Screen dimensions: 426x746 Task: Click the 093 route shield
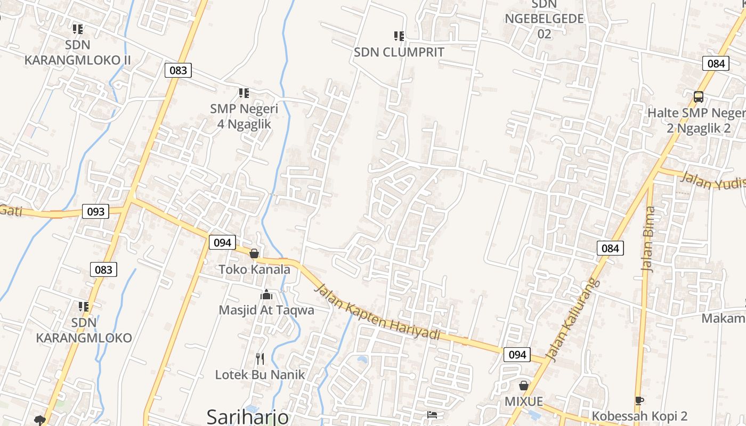coord(96,211)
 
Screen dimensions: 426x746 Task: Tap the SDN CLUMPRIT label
coord(399,52)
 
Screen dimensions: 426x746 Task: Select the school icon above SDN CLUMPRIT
coord(399,36)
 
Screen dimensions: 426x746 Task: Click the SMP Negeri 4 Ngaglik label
coord(244,116)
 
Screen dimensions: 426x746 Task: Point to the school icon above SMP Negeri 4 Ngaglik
coord(244,94)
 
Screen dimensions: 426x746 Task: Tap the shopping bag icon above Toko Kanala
coord(255,253)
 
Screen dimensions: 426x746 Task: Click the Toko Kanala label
coord(255,269)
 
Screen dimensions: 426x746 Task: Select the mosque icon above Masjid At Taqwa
coord(266,294)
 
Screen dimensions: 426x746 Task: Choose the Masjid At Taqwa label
coord(266,310)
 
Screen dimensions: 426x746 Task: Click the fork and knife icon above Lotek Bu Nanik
coord(260,358)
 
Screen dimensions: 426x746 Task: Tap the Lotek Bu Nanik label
coord(260,374)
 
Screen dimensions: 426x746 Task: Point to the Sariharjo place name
coord(247,416)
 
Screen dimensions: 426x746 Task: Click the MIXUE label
coord(524,401)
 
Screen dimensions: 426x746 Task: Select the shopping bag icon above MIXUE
coord(524,386)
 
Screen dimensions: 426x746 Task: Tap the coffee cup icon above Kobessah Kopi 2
coord(639,400)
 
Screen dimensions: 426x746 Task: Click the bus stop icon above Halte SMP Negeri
coord(698,97)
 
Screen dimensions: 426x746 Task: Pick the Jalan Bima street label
coord(649,240)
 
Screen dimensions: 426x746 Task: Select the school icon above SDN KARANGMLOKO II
coord(78,29)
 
